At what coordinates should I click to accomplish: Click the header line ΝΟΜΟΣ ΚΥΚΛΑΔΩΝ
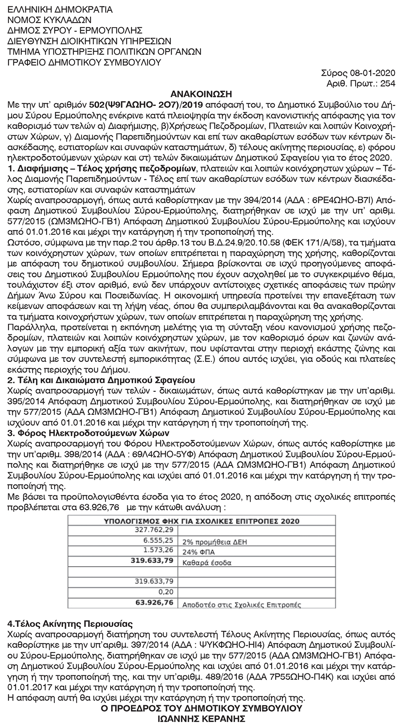50,20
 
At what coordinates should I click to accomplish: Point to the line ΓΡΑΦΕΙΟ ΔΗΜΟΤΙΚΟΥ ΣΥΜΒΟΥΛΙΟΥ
84,62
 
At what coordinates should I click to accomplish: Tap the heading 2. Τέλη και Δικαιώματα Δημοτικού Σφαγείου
101,380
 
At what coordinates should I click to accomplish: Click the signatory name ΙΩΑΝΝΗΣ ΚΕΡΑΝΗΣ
202,719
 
